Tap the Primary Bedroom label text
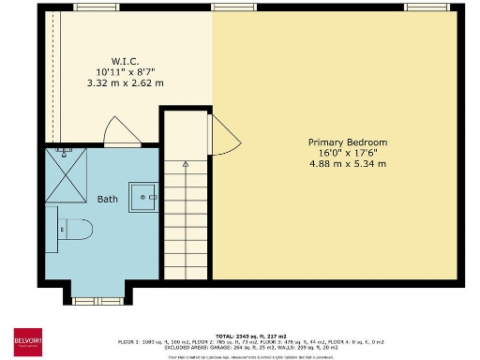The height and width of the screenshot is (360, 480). tap(348, 142)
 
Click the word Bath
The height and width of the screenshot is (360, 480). tap(108, 199)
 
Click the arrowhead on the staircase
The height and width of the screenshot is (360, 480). tap(186, 164)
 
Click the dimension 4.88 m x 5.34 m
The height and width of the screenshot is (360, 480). tap(348, 164)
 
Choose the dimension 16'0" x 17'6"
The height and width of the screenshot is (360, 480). tap(348, 153)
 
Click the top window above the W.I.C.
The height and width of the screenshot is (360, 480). tap(90, 7)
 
